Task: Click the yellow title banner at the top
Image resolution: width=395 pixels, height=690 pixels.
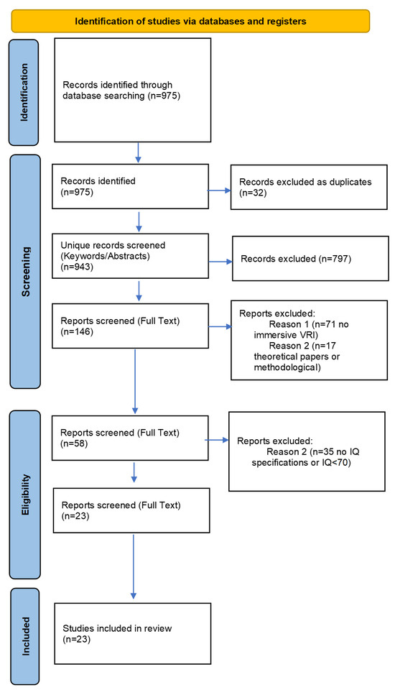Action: (x=190, y=21)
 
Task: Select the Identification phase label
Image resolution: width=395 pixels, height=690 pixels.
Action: (x=24, y=93)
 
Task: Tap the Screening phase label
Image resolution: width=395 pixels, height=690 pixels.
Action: (x=26, y=272)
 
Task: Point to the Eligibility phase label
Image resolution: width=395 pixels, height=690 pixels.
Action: (x=25, y=494)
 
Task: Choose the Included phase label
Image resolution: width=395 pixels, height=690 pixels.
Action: (x=26, y=636)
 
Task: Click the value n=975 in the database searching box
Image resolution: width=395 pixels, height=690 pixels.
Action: (x=163, y=96)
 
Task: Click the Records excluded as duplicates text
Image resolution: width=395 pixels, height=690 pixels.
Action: (x=305, y=182)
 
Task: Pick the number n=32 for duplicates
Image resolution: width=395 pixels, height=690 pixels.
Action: (x=253, y=193)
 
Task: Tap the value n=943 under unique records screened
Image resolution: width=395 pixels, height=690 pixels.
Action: (x=77, y=266)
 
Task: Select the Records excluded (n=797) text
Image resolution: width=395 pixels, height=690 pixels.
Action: (x=296, y=259)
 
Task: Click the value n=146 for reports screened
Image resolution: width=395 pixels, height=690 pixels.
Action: (x=77, y=331)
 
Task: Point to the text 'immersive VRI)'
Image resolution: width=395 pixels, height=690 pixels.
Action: (x=286, y=335)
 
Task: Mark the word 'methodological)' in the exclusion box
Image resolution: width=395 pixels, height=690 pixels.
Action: (x=287, y=367)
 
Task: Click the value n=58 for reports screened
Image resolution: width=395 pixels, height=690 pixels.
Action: (x=74, y=443)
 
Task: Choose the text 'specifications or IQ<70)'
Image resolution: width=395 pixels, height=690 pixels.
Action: (x=302, y=462)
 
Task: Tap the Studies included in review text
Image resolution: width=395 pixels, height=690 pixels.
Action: (x=117, y=628)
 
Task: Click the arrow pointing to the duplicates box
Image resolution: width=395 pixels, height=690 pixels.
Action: (x=219, y=190)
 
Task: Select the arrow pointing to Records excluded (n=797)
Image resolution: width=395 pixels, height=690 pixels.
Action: (x=220, y=262)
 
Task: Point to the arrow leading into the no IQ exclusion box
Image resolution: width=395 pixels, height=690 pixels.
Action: (x=217, y=440)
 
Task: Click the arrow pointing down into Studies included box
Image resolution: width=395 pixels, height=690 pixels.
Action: (x=134, y=567)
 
